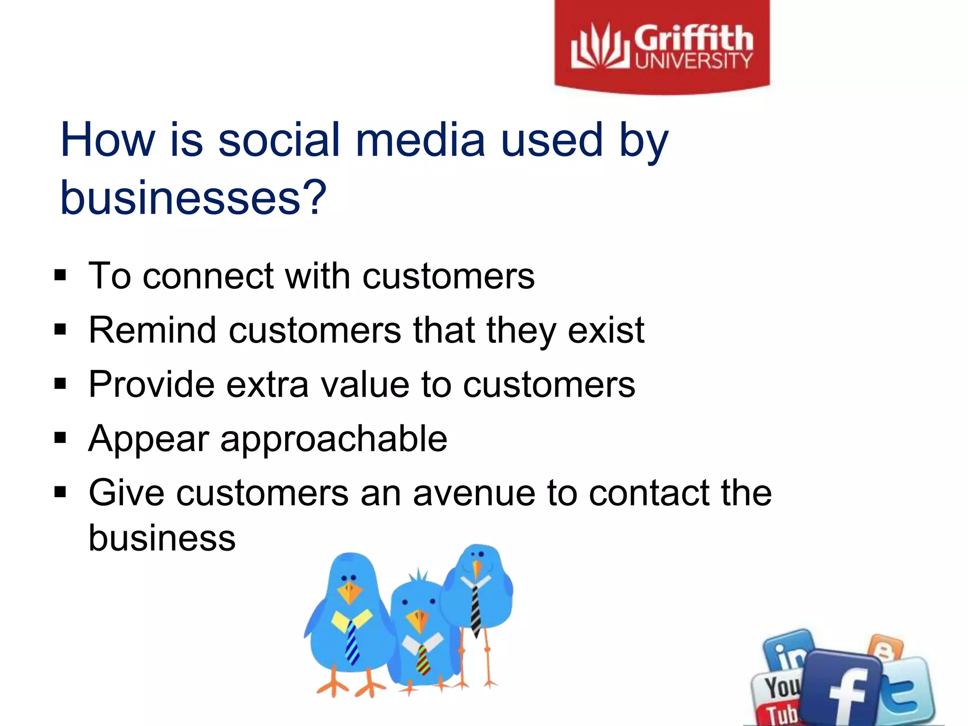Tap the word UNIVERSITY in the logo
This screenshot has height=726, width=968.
(x=693, y=60)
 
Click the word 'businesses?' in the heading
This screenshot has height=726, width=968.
(x=193, y=197)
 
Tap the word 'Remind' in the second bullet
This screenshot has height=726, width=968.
(x=152, y=330)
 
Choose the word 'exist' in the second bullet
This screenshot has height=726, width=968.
(x=606, y=330)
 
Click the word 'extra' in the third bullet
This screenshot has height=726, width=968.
(x=267, y=384)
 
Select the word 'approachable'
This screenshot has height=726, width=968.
(x=334, y=439)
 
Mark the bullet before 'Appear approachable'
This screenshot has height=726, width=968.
(x=60, y=438)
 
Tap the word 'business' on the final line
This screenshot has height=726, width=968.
(x=162, y=538)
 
